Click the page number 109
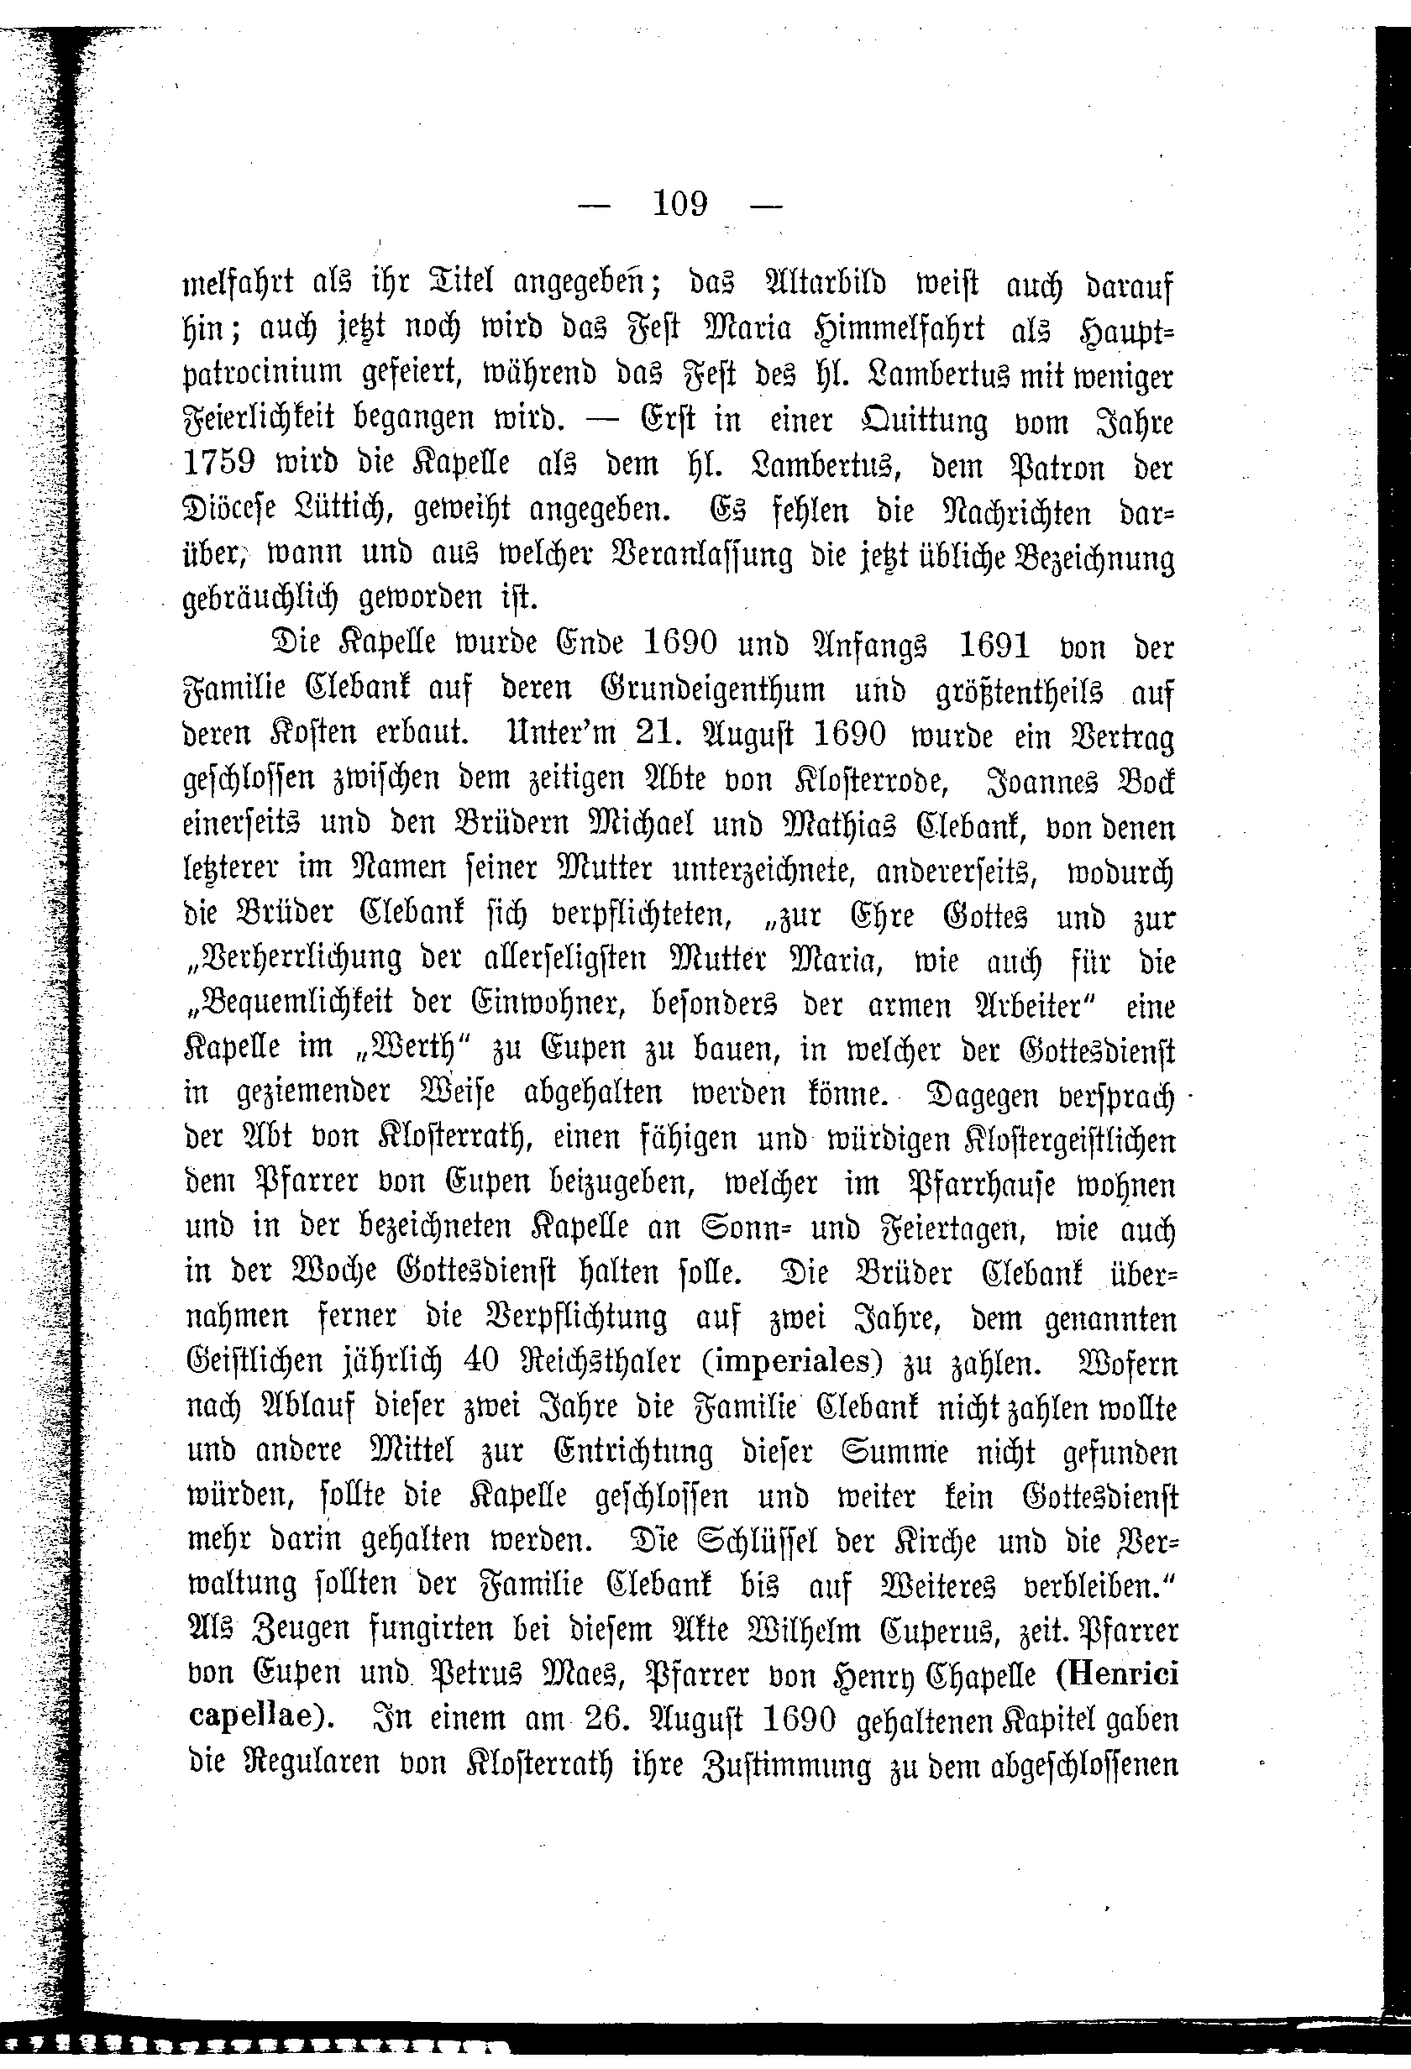pyautogui.click(x=680, y=205)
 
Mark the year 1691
pyautogui.click(x=994, y=646)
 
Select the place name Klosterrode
pyautogui.click(x=857, y=781)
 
